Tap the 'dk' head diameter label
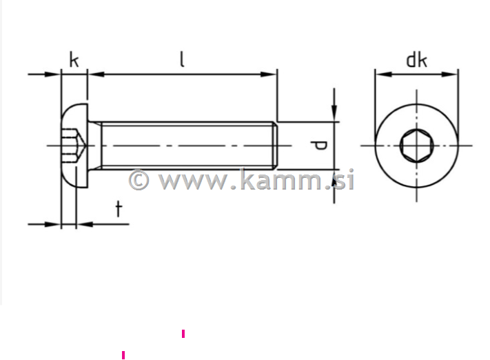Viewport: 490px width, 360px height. coord(416,60)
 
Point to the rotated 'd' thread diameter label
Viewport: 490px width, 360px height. coord(318,146)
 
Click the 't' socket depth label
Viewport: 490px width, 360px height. coord(119,209)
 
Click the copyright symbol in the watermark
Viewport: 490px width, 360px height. coord(139,180)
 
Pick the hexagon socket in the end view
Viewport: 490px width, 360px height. coord(416,146)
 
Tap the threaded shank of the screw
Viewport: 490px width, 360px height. coord(186,146)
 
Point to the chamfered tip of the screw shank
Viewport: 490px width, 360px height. coord(274,146)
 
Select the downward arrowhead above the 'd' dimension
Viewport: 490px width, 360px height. coord(334,114)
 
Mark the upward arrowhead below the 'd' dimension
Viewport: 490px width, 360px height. coord(334,177)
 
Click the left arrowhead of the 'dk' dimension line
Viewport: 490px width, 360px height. coord(380,74)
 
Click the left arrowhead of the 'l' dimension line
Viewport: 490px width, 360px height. coord(95,74)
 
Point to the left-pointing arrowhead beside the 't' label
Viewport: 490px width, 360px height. coord(82,223)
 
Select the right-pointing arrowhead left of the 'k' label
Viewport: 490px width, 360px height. coord(54,74)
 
